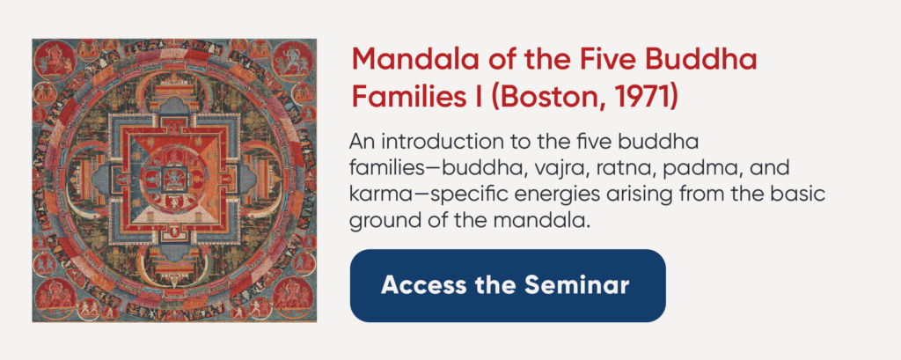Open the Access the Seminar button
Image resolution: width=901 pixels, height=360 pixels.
(508, 286)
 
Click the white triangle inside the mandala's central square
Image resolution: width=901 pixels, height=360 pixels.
(173, 212)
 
